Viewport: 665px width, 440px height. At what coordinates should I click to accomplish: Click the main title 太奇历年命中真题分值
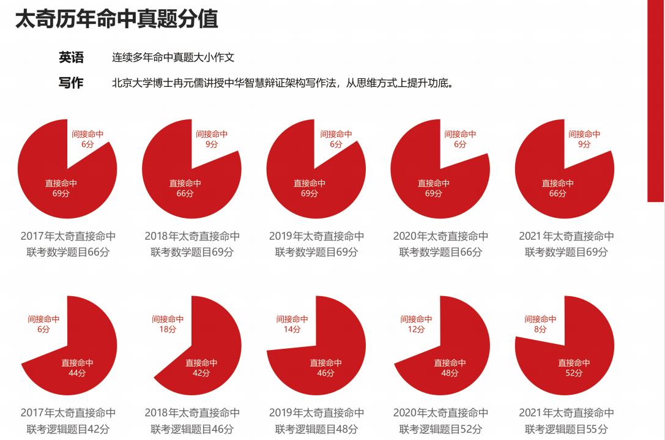coord(116,19)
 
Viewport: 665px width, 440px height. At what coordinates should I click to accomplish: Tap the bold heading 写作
coord(71,83)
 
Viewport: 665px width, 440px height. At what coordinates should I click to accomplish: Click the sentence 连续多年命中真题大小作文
coord(173,58)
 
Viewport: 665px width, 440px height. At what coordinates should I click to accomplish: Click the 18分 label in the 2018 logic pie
coord(168,329)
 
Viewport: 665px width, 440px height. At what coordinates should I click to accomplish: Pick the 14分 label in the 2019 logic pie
coord(292,329)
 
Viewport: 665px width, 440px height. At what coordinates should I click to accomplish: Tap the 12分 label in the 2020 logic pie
coord(417,329)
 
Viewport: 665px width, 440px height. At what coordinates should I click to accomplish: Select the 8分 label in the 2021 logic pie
coord(541,329)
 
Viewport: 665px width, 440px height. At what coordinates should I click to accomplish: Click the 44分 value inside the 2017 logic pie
coord(77,373)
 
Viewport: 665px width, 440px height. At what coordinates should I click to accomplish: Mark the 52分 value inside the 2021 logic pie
coord(574,373)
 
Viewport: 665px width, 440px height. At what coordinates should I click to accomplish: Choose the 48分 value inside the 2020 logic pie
coord(450,373)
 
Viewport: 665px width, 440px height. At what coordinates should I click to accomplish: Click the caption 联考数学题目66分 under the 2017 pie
coord(68,252)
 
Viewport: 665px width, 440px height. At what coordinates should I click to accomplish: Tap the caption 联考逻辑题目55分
coord(566,429)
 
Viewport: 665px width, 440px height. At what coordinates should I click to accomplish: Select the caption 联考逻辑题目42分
coord(68,429)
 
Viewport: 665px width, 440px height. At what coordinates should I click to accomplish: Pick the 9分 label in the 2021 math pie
coord(584,144)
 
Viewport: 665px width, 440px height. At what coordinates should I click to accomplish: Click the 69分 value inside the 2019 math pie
coord(310,193)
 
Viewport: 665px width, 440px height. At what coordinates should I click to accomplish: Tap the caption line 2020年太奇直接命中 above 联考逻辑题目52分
coord(440,413)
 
